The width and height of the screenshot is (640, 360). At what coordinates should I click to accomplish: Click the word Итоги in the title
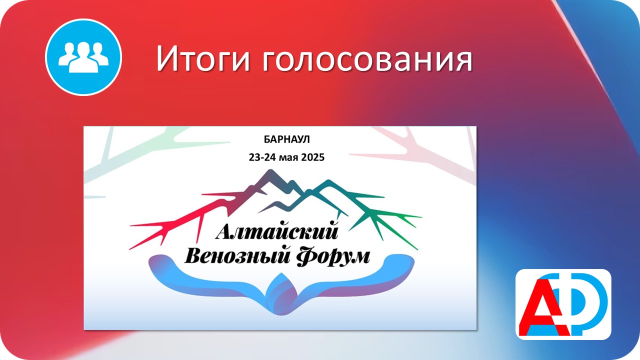[x=203, y=59]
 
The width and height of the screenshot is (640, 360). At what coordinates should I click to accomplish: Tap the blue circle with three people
[x=83, y=57]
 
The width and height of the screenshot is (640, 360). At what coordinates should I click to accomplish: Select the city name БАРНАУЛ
[x=286, y=139]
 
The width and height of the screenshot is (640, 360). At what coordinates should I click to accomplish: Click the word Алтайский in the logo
[x=277, y=231]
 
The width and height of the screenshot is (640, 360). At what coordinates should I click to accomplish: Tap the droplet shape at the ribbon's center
[x=281, y=294]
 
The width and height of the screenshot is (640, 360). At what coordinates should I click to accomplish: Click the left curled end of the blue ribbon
[x=160, y=263]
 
